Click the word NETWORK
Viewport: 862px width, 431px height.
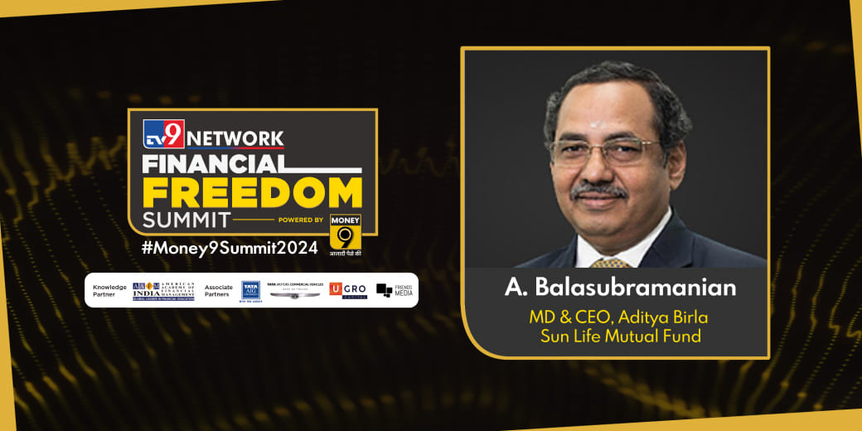[235, 138]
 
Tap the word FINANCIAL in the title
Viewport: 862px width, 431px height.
[214, 163]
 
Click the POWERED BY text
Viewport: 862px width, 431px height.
[302, 220]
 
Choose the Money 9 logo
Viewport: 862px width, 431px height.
[346, 232]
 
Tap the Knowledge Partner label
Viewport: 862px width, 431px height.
[110, 290]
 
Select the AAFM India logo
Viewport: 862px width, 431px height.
[163, 290]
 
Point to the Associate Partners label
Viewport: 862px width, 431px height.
[219, 290]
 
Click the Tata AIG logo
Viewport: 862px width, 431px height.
[250, 290]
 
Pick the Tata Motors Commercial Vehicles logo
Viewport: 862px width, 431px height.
[294, 290]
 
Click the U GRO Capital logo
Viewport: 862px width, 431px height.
[348, 290]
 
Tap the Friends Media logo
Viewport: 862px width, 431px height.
[394, 290]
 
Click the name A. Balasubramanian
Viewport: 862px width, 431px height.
[620, 288]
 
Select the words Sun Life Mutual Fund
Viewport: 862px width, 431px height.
[620, 336]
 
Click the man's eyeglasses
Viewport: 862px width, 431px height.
[607, 148]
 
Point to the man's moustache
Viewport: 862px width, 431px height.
[599, 190]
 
